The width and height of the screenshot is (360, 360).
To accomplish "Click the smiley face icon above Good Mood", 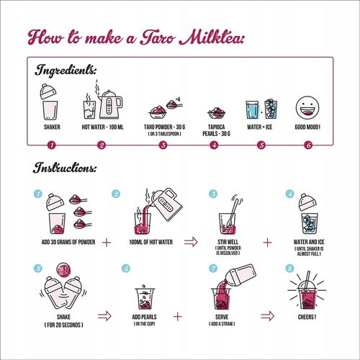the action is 307,108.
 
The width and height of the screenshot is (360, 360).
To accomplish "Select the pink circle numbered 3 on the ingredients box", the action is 163,145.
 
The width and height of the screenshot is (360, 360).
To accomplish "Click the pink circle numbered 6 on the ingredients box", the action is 308,145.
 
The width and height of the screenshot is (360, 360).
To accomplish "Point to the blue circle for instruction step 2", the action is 116,194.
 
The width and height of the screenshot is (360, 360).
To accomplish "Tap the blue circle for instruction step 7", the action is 213,268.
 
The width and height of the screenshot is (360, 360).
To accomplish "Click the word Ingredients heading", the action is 66,70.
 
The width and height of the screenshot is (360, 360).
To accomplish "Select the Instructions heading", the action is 65,168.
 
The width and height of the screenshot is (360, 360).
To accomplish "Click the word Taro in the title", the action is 158,37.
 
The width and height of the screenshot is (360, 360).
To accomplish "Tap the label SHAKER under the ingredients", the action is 52,127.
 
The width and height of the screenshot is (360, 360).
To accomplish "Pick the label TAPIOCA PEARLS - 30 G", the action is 216,130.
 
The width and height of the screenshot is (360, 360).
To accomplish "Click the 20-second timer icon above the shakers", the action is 63,270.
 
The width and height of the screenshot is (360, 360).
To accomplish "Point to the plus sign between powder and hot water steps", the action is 107,243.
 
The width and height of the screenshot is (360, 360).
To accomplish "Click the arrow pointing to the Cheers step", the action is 267,316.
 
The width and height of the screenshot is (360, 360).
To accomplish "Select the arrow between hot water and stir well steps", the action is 191,242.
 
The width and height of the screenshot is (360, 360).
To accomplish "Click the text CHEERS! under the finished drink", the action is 307,317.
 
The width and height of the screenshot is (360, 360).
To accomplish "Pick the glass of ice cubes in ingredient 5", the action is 271,109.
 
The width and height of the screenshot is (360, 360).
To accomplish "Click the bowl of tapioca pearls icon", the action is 217,113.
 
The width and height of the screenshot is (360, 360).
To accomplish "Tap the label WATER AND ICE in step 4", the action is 309,242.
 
